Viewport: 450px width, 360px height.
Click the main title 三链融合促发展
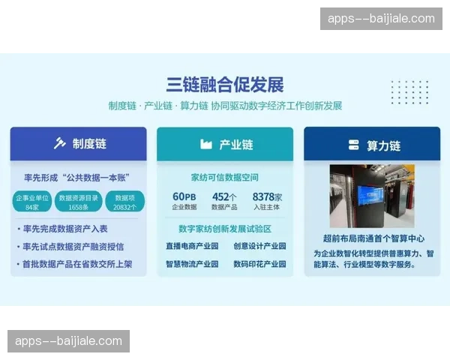(x=224, y=84)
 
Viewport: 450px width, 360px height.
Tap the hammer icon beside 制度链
(x=60, y=143)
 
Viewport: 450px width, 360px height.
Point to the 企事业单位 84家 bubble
(x=32, y=202)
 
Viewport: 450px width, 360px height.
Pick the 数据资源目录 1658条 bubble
(x=78, y=202)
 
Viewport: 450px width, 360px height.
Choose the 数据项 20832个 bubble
(x=124, y=202)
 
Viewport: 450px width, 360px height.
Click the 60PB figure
(x=184, y=197)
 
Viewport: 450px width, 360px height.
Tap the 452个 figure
(x=224, y=197)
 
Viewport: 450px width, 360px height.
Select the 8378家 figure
(x=265, y=197)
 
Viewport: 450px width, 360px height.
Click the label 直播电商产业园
(x=192, y=246)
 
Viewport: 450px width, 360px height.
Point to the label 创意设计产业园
(x=259, y=246)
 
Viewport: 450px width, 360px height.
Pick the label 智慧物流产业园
(x=192, y=264)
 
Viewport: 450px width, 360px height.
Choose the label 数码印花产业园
(x=259, y=264)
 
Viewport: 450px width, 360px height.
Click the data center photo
(x=371, y=196)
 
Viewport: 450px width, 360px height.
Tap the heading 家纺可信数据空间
(x=224, y=178)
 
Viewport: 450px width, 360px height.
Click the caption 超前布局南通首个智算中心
(x=371, y=238)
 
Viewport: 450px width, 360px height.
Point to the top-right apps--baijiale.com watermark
(x=381, y=19)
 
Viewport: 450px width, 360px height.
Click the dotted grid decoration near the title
(x=409, y=91)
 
